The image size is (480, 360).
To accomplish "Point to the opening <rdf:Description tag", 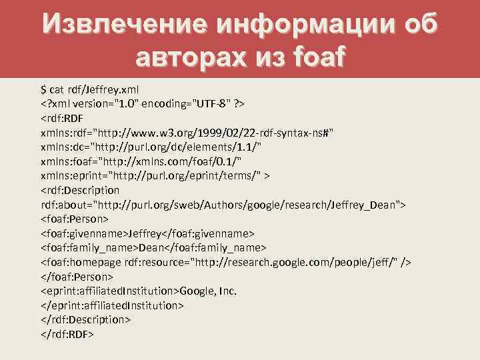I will click(80, 191).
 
